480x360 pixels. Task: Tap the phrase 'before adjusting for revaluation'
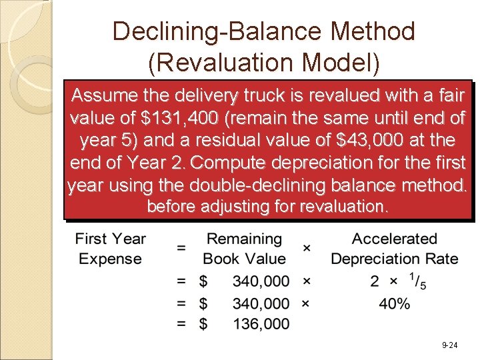(267, 207)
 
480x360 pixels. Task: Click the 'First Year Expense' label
(110, 248)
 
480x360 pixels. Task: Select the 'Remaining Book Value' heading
(244, 248)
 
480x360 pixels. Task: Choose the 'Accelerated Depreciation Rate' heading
(394, 248)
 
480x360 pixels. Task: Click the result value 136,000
(261, 324)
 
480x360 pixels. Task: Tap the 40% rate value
(393, 303)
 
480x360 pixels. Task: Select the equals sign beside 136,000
(181, 324)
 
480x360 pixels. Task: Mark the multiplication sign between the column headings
(307, 247)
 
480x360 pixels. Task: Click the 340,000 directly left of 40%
(261, 303)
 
